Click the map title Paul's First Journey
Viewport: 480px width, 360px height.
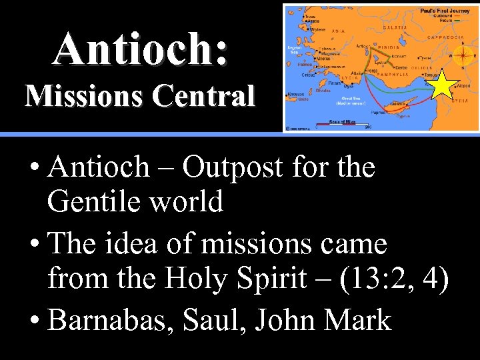tap(445, 11)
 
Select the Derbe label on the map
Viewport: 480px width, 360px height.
tap(401, 67)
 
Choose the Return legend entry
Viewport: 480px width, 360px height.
tap(451, 23)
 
